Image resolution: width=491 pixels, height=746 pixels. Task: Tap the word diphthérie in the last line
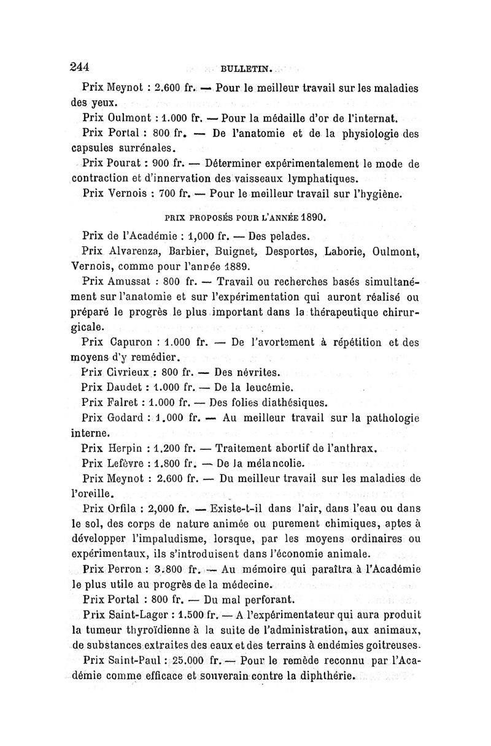(x=322, y=677)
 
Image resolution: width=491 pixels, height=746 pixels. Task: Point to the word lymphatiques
(x=314, y=179)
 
